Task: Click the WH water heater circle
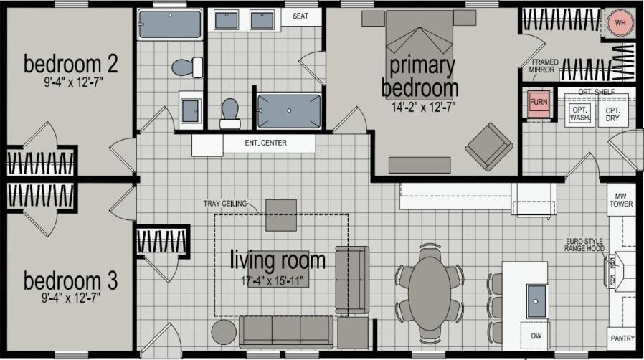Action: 620,23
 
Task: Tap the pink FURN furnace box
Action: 539,102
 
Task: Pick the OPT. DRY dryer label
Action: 612,114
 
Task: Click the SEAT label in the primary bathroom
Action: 300,16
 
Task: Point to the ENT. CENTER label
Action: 266,143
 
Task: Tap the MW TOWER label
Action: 621,200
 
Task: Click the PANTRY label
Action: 622,338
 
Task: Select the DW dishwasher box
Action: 536,336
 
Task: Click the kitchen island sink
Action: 537,301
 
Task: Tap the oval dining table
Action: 429,293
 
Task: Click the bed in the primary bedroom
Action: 419,49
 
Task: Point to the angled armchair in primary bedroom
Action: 489,146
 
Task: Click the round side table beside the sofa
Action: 224,332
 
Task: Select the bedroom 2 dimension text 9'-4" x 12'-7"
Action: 73,82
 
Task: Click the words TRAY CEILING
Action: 225,203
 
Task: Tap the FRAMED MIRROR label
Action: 544,66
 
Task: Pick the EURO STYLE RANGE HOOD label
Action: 584,245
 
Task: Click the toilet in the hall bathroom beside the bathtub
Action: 187,67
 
